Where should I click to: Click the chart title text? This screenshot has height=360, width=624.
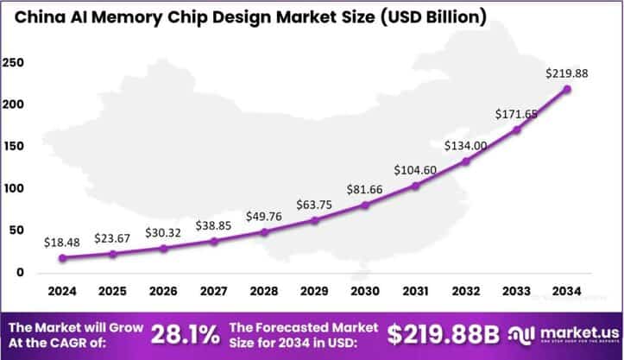[250, 17]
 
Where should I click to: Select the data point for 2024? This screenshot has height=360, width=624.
[63, 258]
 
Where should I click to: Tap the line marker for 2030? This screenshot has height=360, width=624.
[366, 205]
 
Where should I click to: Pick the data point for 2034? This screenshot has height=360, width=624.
[568, 89]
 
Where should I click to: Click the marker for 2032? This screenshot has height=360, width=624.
[467, 161]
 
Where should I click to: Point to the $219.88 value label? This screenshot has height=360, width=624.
[567, 73]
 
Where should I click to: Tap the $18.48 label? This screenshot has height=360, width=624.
[63, 243]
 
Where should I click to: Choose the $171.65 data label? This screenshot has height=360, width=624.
[516, 114]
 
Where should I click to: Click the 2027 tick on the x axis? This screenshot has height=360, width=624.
[214, 291]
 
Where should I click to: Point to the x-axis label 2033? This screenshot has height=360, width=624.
[517, 291]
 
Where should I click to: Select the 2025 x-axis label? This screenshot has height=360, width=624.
[113, 291]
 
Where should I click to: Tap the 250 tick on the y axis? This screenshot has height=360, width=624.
[15, 63]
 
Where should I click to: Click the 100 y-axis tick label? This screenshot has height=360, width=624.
[15, 189]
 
